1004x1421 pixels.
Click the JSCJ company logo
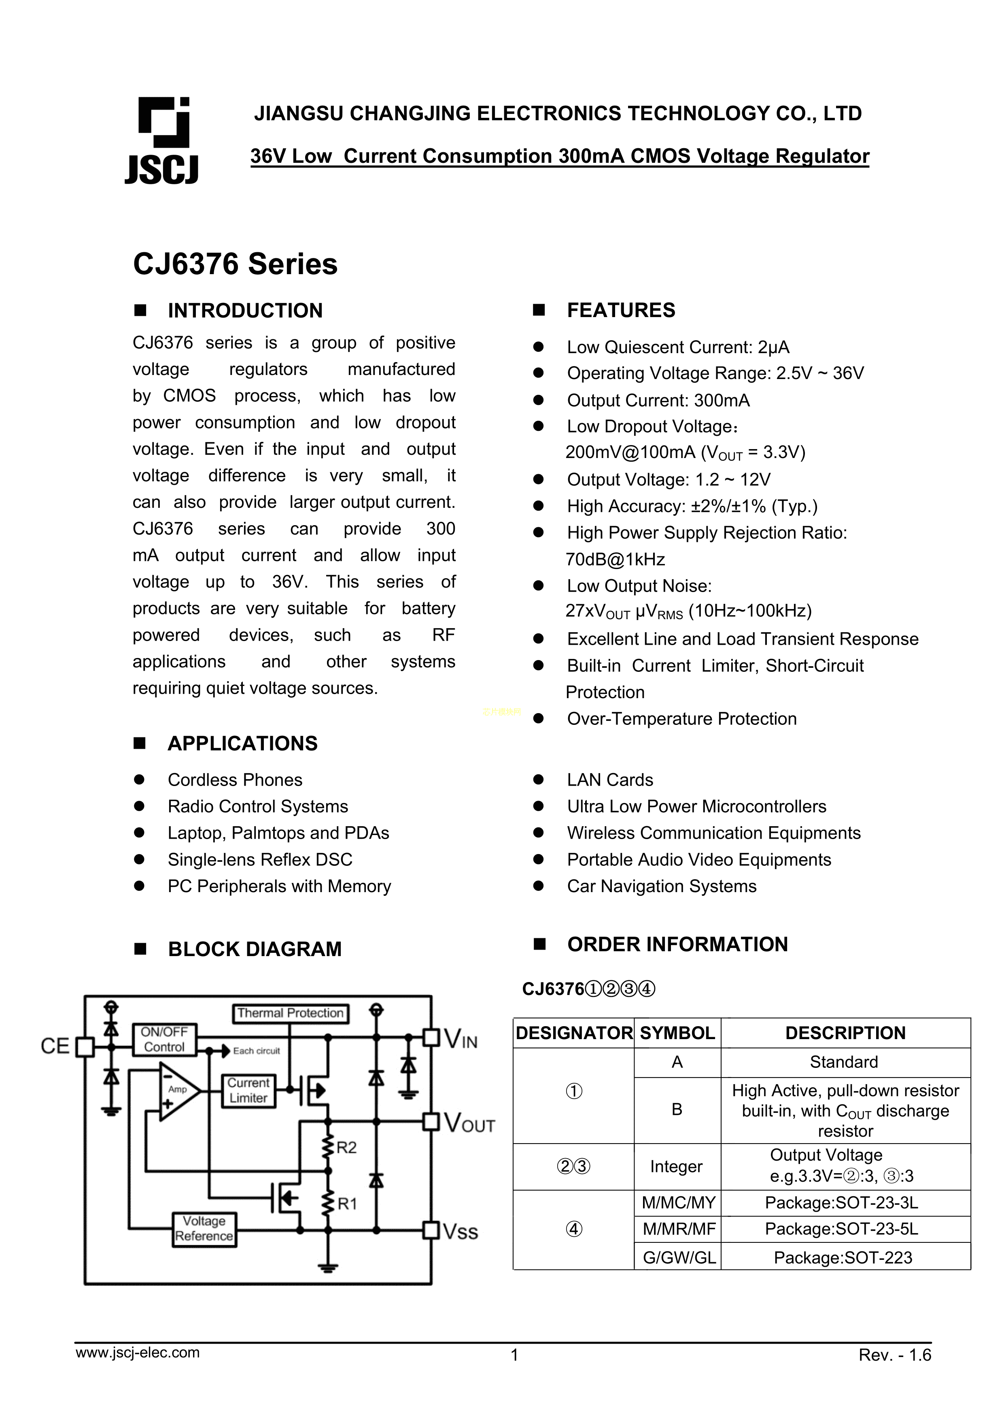(x=163, y=141)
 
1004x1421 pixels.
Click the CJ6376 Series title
(x=235, y=264)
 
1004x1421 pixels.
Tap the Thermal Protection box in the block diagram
(x=290, y=1013)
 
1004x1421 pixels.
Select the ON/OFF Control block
(x=164, y=1040)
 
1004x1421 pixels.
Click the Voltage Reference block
(x=204, y=1229)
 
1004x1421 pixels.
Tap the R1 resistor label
(x=347, y=1204)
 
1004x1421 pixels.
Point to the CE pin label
(x=55, y=1046)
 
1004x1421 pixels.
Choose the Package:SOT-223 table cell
(x=843, y=1258)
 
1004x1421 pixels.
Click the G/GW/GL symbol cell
(x=679, y=1258)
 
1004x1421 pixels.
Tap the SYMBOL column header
(x=677, y=1033)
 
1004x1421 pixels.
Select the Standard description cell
(x=844, y=1062)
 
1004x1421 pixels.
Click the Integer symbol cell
(x=676, y=1167)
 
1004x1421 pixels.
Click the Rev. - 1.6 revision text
(x=894, y=1355)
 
